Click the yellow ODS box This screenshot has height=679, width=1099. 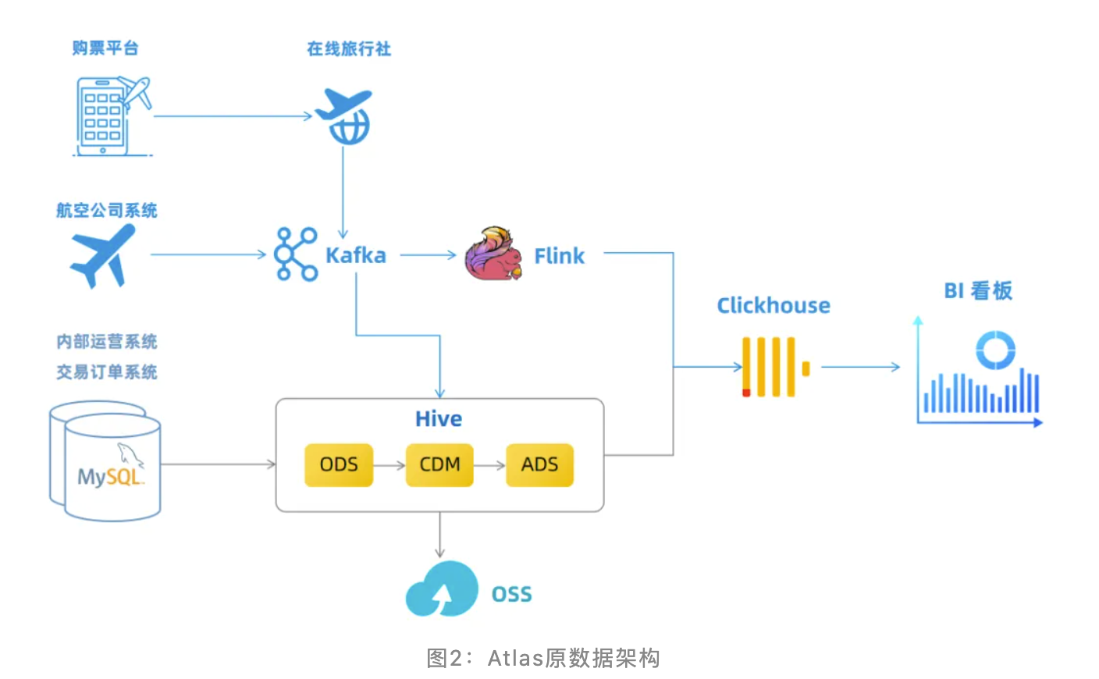[339, 465]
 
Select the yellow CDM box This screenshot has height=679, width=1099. [439, 465]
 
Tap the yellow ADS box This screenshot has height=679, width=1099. [539, 465]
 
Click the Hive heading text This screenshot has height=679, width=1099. [439, 419]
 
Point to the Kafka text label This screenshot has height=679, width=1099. [356, 256]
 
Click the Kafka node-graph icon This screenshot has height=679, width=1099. [296, 254]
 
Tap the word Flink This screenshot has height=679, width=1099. [559, 256]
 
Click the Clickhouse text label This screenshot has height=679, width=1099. [774, 305]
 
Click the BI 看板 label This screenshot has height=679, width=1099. [978, 291]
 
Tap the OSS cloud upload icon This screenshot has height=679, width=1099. [441, 590]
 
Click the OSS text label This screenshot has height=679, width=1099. [511, 595]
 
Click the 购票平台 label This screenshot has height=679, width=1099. [105, 48]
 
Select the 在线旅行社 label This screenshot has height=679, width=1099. [349, 49]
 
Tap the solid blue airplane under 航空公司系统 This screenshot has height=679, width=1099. [104, 256]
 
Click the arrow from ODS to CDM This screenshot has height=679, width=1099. [389, 465]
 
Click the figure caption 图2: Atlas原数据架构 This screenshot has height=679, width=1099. [543, 658]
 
